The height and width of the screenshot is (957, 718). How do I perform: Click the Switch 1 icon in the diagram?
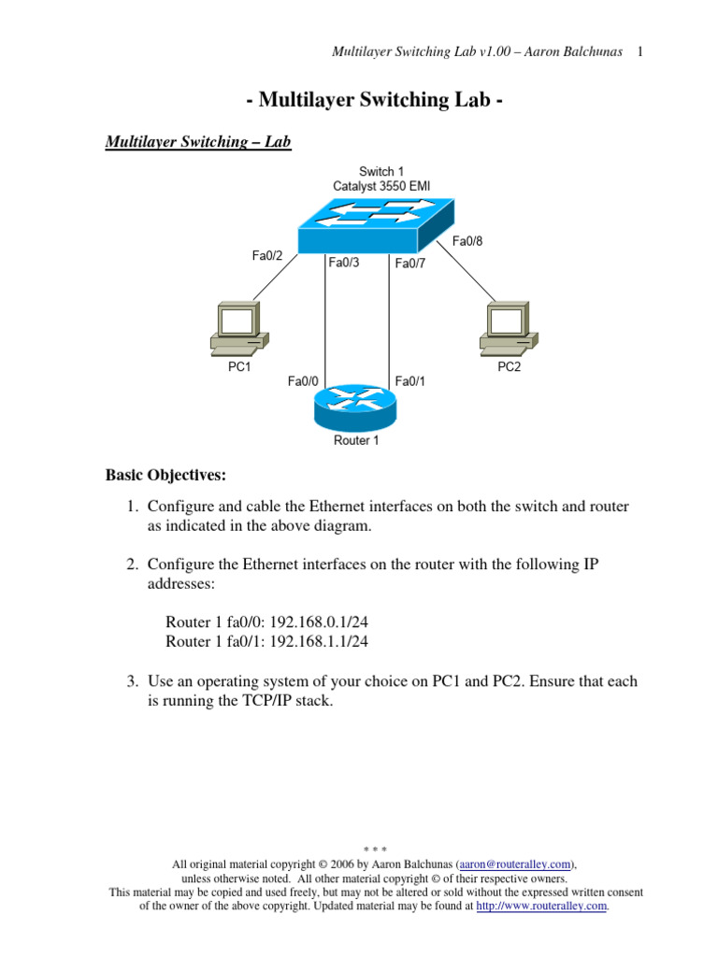(x=378, y=224)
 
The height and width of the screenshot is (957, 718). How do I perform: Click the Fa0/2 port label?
(x=267, y=256)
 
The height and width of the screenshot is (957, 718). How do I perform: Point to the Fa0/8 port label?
(x=467, y=241)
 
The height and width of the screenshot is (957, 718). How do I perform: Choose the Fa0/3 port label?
(x=344, y=264)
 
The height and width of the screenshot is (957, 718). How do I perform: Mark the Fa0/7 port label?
(x=410, y=264)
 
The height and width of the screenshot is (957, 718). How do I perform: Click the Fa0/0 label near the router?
(x=303, y=381)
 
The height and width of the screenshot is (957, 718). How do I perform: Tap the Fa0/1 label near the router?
(x=410, y=381)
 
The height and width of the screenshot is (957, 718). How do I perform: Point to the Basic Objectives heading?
(x=165, y=476)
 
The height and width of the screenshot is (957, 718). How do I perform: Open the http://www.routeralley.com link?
(x=542, y=906)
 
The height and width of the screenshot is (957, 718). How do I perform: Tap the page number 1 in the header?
(x=640, y=50)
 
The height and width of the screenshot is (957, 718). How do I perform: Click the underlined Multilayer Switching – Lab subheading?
(x=198, y=142)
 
